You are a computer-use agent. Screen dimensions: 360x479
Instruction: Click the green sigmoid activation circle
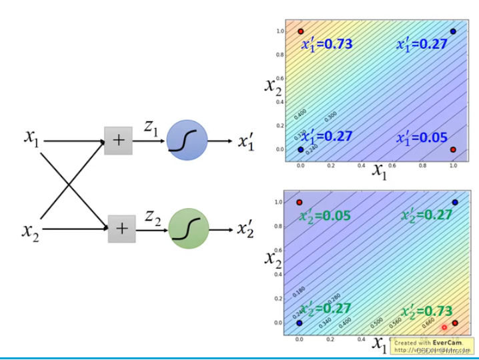point(189,229)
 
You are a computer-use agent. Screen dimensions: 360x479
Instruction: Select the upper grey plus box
point(119,140)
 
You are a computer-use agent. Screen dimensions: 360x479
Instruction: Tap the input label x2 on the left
point(30,231)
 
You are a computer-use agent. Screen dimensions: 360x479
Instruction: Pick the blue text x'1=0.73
point(326,45)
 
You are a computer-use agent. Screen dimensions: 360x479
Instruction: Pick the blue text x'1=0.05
point(422,137)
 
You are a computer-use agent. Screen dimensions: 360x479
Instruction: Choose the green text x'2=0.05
point(324,215)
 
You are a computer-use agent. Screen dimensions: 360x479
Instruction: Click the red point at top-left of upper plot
point(301,31)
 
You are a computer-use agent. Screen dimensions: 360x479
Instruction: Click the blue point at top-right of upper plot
point(453,31)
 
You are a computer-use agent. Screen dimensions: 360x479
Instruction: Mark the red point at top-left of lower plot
point(300,202)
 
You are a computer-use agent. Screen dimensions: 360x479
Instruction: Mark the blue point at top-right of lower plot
point(454,202)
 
